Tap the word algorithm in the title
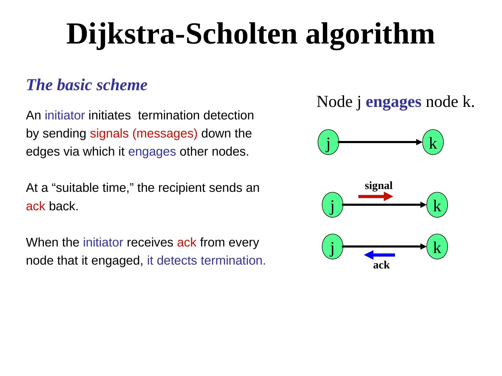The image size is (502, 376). point(370,34)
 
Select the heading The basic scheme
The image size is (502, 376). point(87,85)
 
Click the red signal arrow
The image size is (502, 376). point(375,197)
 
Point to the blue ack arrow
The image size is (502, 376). point(380,255)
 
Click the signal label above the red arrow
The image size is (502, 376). point(379,186)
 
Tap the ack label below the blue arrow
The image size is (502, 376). point(381,265)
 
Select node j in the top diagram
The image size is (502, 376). point(328,142)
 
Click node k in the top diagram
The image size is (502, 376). point(433,142)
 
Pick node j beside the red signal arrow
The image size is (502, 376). point(333,205)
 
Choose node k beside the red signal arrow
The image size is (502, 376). point(437,205)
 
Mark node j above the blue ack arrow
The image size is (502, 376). point(333,246)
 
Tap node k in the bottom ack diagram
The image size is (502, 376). point(437,246)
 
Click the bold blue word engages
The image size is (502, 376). point(394,102)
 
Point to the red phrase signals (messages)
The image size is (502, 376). point(144,134)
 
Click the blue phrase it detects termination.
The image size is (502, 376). point(206,260)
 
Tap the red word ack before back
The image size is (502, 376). point(36,206)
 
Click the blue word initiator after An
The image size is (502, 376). point(65,116)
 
